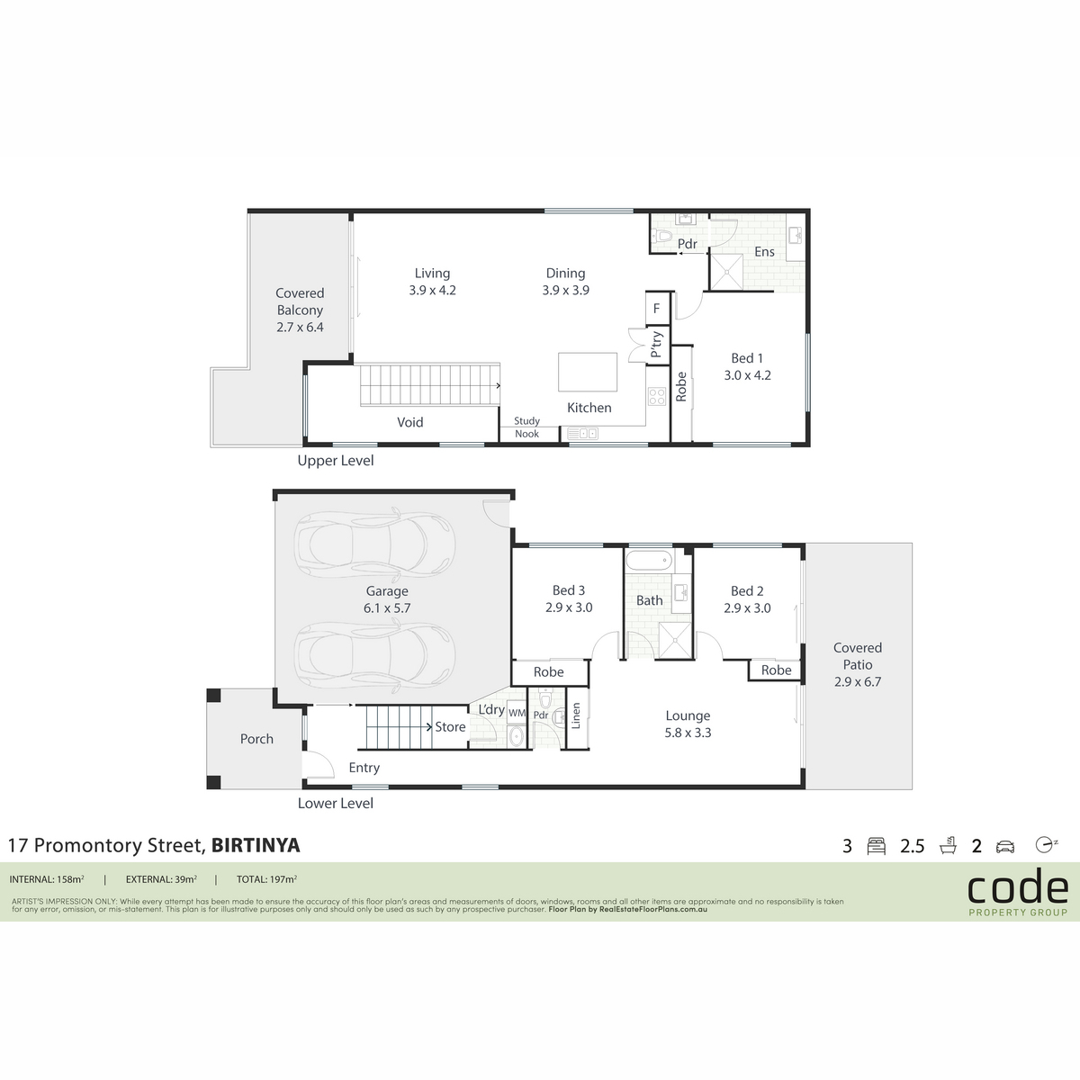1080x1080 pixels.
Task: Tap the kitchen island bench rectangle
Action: tap(588, 372)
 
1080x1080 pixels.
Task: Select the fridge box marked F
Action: tap(658, 308)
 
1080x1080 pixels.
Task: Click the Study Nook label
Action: tap(526, 427)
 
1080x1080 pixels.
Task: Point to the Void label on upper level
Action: tap(410, 422)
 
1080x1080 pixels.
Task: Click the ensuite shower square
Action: tap(726, 272)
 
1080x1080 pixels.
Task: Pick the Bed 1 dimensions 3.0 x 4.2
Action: tap(747, 375)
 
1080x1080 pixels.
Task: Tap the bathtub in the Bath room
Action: tap(650, 559)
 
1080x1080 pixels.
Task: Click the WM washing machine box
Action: tap(517, 714)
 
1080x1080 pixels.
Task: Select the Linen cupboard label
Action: tap(576, 716)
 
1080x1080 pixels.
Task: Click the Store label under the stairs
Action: tap(450, 727)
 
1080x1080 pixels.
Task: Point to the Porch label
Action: tap(256, 739)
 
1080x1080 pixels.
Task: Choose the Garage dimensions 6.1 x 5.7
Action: tap(387, 608)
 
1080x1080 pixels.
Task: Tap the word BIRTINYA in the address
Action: tap(256, 845)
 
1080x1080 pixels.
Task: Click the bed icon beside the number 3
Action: tap(876, 846)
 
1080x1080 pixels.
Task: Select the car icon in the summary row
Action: tap(1005, 846)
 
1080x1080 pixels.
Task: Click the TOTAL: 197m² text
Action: tap(266, 879)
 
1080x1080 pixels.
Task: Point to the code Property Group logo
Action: tap(1018, 891)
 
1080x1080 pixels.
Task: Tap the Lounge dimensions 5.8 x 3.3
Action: tap(688, 733)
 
